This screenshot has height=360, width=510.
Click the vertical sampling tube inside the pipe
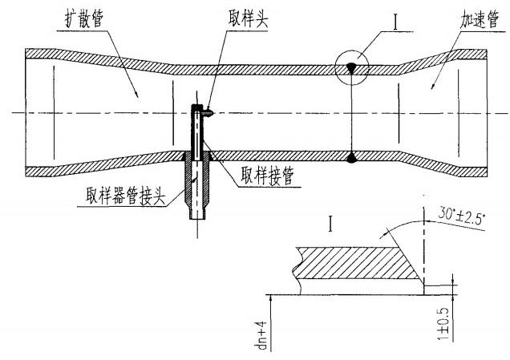196,132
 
